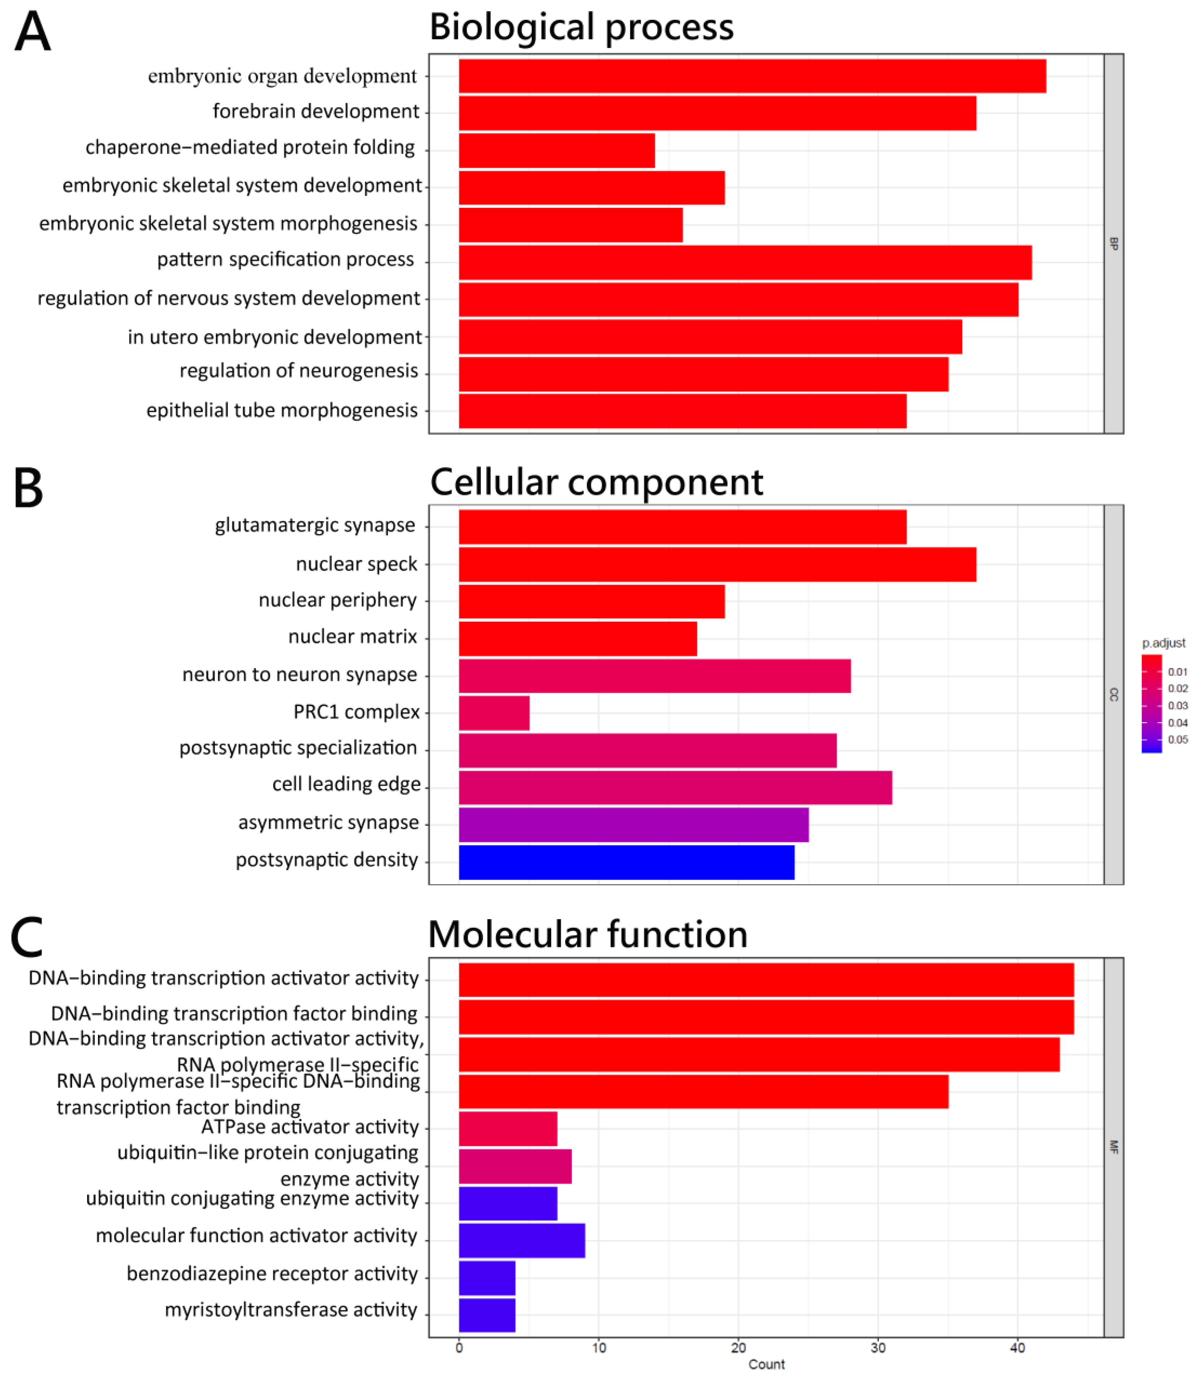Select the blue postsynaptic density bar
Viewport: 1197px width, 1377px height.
(626, 862)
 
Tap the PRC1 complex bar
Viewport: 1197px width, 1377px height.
(494, 713)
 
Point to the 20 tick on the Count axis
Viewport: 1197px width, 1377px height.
(738, 1347)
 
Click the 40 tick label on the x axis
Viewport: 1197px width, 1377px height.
(1017, 1347)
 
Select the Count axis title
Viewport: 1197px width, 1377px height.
(766, 1364)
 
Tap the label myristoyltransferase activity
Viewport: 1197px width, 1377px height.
(291, 1310)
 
